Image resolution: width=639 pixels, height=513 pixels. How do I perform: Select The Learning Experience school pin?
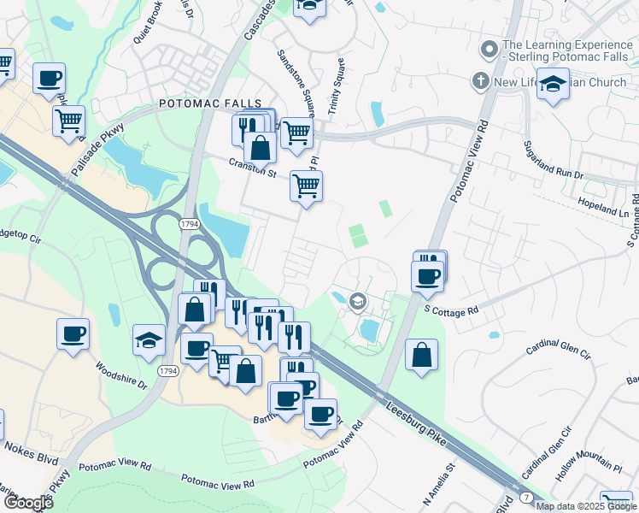tap(489, 50)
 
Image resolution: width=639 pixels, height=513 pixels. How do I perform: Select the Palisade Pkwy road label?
tap(98, 150)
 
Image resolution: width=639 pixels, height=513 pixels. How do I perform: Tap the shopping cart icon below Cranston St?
tap(306, 186)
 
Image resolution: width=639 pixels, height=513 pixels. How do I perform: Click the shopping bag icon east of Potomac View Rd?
tap(422, 355)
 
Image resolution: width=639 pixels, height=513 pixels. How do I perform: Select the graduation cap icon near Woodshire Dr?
tap(149, 339)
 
